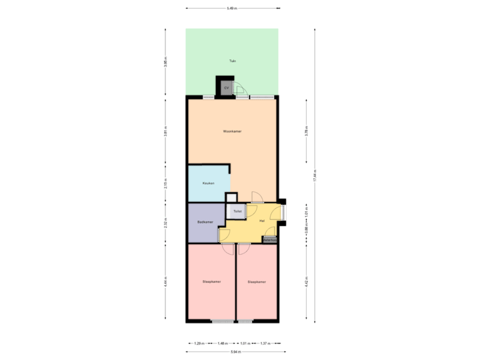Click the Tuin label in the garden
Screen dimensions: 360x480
click(232, 61)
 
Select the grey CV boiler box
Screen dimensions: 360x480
click(226, 87)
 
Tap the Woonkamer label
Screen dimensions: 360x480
click(232, 131)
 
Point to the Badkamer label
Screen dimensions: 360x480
click(205, 222)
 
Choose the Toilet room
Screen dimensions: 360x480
click(237, 211)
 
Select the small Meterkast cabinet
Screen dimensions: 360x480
click(269, 240)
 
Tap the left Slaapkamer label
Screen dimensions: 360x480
click(211, 282)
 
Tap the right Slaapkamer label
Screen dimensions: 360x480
click(257, 282)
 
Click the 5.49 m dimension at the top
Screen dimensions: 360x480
click(232, 9)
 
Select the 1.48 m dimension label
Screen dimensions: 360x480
click(222, 343)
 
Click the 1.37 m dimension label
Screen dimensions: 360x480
click(265, 343)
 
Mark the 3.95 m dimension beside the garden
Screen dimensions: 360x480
click(165, 62)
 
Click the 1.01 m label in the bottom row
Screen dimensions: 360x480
click(244, 343)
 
